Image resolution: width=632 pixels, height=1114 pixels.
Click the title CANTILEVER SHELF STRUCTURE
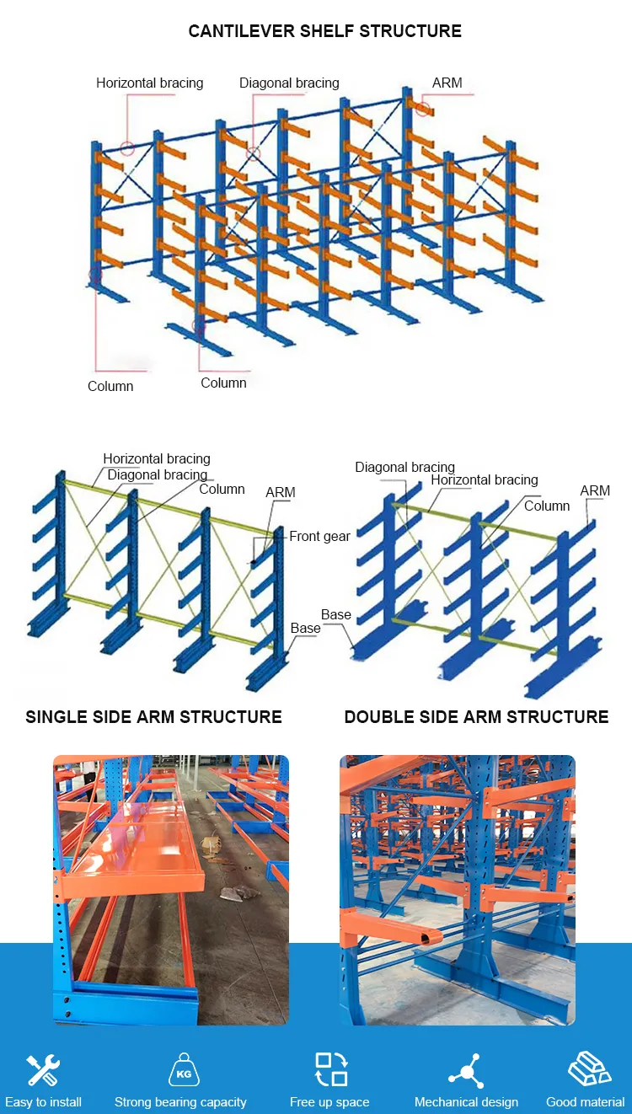tap(324, 31)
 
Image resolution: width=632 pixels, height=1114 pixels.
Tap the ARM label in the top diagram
tap(447, 83)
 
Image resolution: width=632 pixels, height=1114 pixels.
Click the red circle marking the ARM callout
tap(422, 109)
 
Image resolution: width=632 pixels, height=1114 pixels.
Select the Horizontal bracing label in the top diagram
tap(149, 83)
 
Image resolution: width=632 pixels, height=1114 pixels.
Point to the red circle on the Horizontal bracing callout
tap(126, 149)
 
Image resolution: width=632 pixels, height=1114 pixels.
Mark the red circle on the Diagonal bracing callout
tap(252, 153)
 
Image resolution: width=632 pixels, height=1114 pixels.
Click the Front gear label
tap(319, 536)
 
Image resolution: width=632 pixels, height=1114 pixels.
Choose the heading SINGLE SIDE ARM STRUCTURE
tap(153, 717)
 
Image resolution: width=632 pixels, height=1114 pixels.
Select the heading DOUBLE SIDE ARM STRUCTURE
tap(476, 717)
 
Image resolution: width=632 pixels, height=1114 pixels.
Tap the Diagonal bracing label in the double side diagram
tap(404, 467)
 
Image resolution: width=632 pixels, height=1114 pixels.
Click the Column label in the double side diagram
tap(547, 506)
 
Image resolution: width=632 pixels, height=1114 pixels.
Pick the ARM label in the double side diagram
tap(595, 490)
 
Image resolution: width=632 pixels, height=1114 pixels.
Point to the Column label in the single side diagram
tap(222, 489)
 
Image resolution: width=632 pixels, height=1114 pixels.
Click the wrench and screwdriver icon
tap(42, 1070)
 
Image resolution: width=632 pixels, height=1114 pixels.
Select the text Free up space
tap(329, 1102)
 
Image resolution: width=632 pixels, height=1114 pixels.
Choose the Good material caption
tap(585, 1102)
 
